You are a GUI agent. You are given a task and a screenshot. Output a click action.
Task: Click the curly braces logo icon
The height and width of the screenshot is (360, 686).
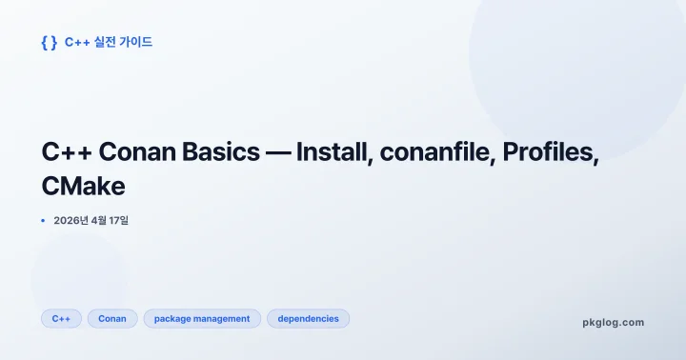point(50,42)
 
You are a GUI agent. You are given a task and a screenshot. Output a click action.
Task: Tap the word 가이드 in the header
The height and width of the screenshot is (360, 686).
point(134,42)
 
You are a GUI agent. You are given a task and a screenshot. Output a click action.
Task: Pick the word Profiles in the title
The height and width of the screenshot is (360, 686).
point(548,152)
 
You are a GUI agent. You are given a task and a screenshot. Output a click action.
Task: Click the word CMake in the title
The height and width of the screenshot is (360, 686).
point(83,186)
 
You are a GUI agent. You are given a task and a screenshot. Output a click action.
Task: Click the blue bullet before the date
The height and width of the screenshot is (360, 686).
point(43,221)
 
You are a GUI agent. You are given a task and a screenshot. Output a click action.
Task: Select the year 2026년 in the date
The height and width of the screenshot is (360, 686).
point(71,221)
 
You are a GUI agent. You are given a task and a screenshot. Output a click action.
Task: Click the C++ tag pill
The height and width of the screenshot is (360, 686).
point(61,318)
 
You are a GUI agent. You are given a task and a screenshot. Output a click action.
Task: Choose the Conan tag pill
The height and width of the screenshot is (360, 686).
point(112,318)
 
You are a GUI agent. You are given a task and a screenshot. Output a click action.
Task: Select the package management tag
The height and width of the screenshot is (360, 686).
point(202,318)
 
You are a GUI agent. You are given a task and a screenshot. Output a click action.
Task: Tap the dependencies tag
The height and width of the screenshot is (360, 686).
point(308,318)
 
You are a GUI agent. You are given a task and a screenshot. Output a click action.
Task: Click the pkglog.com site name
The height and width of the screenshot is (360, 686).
point(613,322)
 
